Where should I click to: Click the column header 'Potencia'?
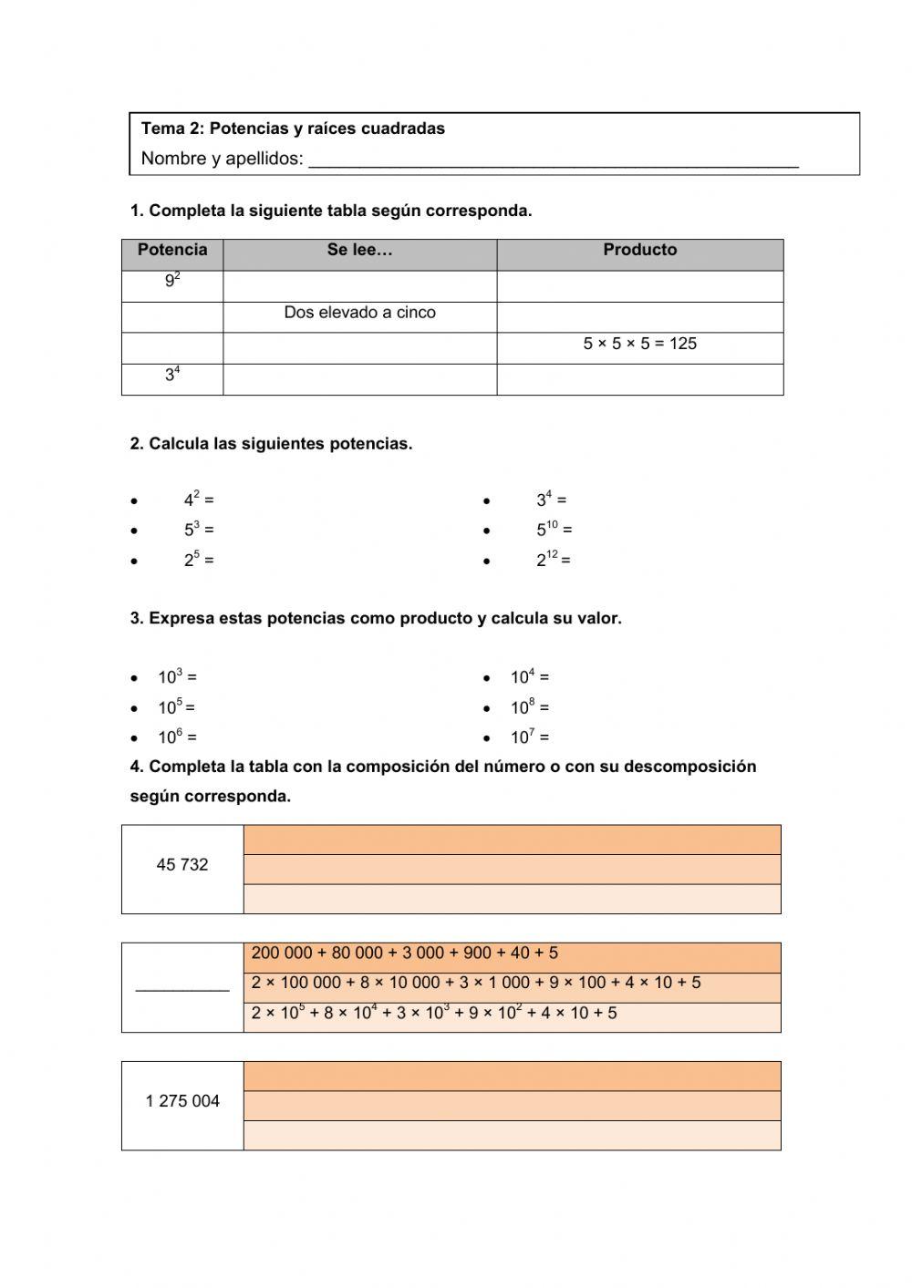(x=172, y=250)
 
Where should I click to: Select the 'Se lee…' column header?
(x=359, y=250)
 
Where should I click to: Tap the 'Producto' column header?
(x=639, y=250)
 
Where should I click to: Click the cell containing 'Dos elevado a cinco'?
(x=359, y=313)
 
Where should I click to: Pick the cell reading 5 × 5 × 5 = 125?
(x=639, y=344)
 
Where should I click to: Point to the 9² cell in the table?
(x=172, y=282)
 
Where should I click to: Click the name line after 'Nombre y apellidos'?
(x=553, y=160)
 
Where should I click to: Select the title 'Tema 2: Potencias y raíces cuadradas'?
(x=293, y=129)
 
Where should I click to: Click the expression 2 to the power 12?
(x=553, y=560)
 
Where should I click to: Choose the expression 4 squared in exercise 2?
(x=199, y=500)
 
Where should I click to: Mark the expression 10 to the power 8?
(x=529, y=707)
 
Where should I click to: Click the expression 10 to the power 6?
(x=177, y=737)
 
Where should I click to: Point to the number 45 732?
(x=182, y=865)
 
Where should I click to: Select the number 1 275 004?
(x=182, y=1101)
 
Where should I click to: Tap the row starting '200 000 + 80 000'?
(x=404, y=953)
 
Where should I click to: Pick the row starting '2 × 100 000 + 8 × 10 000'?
(x=475, y=984)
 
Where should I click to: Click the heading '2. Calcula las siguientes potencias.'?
(x=271, y=444)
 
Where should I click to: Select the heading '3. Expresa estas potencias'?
(x=376, y=618)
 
